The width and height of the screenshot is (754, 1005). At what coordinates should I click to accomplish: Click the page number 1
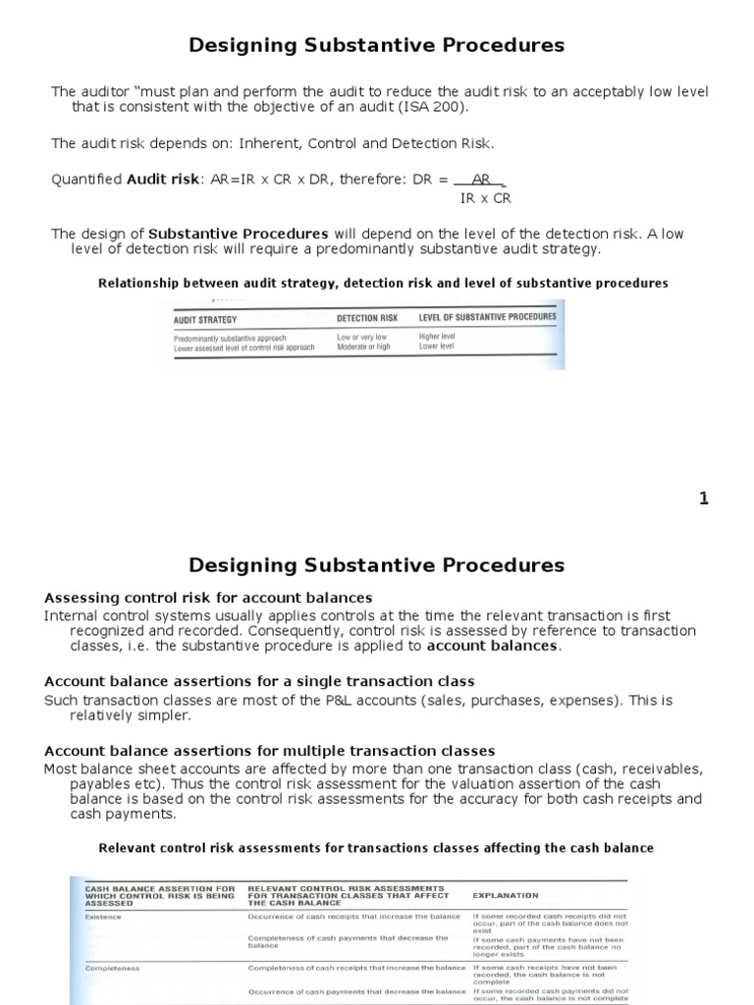(703, 499)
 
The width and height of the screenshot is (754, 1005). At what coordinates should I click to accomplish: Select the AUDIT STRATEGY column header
(205, 319)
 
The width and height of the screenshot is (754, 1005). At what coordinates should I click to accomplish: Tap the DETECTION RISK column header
(367, 318)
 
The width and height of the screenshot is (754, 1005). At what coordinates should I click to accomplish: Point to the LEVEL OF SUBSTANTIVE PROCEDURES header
(487, 317)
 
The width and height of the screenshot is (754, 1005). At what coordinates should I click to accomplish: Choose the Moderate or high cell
(364, 347)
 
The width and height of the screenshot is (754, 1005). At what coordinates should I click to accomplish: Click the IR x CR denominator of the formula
(485, 198)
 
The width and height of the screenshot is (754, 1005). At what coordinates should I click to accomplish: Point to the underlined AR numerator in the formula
(481, 180)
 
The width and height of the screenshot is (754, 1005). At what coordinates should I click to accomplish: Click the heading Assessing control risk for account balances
(208, 598)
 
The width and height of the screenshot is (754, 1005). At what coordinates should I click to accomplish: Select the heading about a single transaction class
(259, 681)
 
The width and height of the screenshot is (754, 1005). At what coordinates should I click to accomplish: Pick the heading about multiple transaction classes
(269, 751)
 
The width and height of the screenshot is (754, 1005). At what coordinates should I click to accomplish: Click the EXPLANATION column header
(506, 895)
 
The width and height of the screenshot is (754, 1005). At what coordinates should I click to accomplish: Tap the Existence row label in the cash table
(103, 917)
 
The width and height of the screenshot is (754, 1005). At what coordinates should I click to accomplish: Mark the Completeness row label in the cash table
(112, 968)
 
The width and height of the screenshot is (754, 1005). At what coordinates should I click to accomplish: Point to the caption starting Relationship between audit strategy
(383, 283)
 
